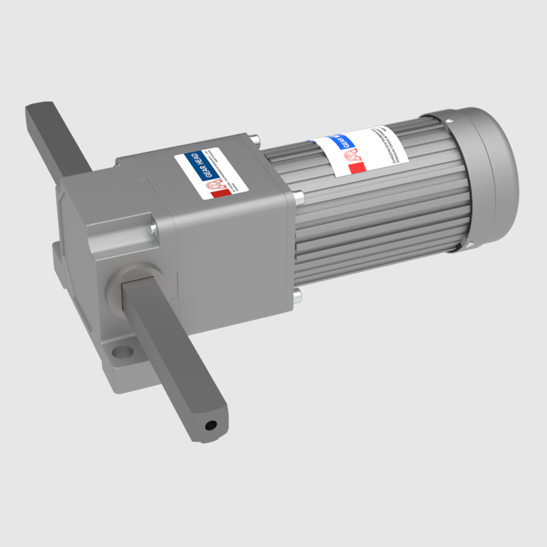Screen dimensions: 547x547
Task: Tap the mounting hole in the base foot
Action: point(122,353)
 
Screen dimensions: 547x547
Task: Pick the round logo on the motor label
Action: point(352,155)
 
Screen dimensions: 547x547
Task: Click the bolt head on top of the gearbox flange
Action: point(255,139)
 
